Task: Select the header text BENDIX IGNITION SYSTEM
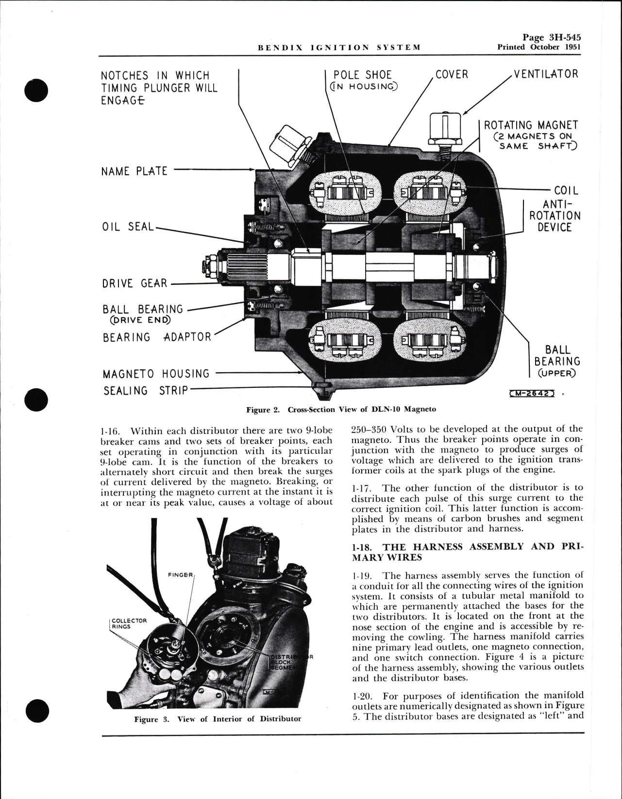(x=338, y=48)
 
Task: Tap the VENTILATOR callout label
(x=546, y=74)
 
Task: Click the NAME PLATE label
(x=134, y=171)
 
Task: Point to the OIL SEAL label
(x=128, y=227)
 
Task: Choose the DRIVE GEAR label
(x=134, y=283)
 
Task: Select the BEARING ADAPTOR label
(x=157, y=337)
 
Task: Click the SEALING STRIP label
(x=145, y=390)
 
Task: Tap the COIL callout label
(x=566, y=191)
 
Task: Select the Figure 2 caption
(x=341, y=409)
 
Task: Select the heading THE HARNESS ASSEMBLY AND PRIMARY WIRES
(x=467, y=551)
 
